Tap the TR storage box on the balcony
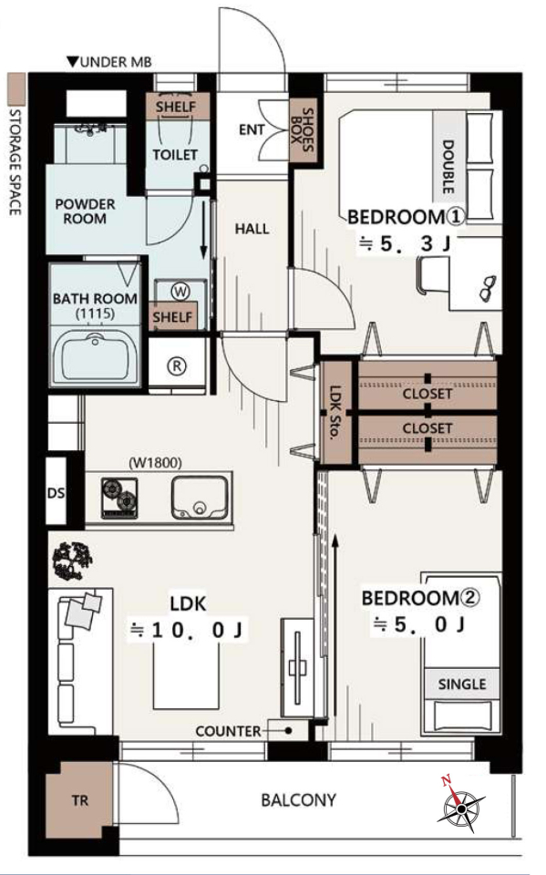[x=79, y=801]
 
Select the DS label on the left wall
[x=56, y=493]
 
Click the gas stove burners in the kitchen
[x=119, y=498]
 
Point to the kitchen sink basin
[x=200, y=498]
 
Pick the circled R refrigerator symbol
[x=177, y=366]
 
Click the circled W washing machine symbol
[x=180, y=292]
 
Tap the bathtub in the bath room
[x=96, y=355]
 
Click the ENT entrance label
[x=252, y=129]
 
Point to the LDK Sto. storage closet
[x=336, y=413]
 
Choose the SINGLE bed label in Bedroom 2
[x=462, y=685]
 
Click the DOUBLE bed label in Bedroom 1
[x=448, y=166]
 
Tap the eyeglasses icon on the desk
[x=489, y=287]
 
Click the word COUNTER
[x=228, y=731]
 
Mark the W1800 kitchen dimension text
[x=155, y=463]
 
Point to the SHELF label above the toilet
[x=176, y=107]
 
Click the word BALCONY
[x=299, y=800]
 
